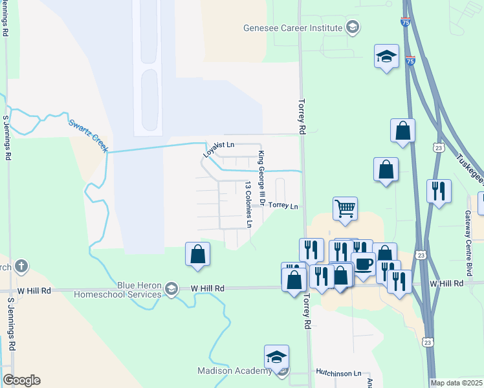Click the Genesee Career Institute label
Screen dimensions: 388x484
coord(292,28)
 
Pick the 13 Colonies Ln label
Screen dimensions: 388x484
coord(248,204)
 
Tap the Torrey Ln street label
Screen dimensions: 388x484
coord(283,206)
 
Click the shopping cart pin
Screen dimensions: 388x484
coord(346,208)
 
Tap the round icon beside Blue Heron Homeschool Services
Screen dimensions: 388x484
coord(171,287)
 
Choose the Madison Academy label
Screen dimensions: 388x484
coord(234,371)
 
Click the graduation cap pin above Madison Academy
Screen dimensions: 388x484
coord(276,357)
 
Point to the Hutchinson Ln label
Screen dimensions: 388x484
coord(338,373)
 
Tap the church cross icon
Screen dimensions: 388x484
coord(21,265)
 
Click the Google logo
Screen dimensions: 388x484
coord(21,380)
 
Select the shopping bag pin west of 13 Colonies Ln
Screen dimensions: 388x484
coord(198,254)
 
